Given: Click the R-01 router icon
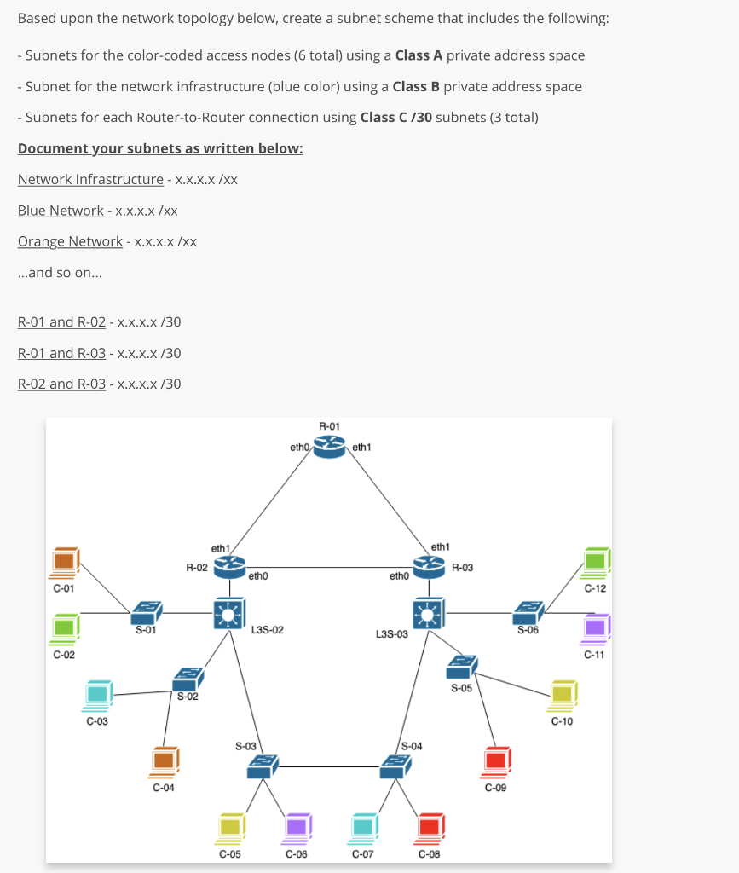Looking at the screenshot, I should click(x=329, y=446).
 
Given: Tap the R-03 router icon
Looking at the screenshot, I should click(x=429, y=565).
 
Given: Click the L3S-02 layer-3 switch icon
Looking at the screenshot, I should click(x=228, y=613).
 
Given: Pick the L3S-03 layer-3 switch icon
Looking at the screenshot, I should click(x=429, y=613).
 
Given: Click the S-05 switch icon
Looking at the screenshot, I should click(x=463, y=667).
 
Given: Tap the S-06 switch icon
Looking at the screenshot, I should click(x=529, y=611).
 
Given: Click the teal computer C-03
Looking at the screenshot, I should click(x=98, y=695).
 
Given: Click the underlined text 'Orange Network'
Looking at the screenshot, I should click(x=70, y=241).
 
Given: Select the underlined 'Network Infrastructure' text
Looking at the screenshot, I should click(x=90, y=179).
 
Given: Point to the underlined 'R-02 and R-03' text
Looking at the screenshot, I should click(x=61, y=384).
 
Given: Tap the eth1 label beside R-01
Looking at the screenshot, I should click(x=361, y=446).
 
